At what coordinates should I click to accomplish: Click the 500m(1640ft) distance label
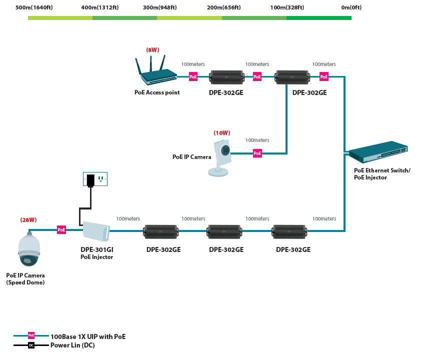point(34,7)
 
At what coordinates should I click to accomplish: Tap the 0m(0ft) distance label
point(351,7)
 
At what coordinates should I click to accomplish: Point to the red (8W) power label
point(152,50)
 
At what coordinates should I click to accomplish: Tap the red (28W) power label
point(28,220)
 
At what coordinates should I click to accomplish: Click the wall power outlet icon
point(95,178)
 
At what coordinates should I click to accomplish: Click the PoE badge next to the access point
point(193,77)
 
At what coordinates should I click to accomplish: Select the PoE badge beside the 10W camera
point(257,153)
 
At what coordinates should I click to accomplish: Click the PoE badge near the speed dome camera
point(61,230)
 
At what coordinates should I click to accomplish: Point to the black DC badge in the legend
point(31,345)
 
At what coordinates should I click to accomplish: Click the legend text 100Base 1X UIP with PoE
point(87,336)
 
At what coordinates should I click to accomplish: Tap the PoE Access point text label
point(157,92)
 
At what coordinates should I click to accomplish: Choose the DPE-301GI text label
point(96,249)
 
